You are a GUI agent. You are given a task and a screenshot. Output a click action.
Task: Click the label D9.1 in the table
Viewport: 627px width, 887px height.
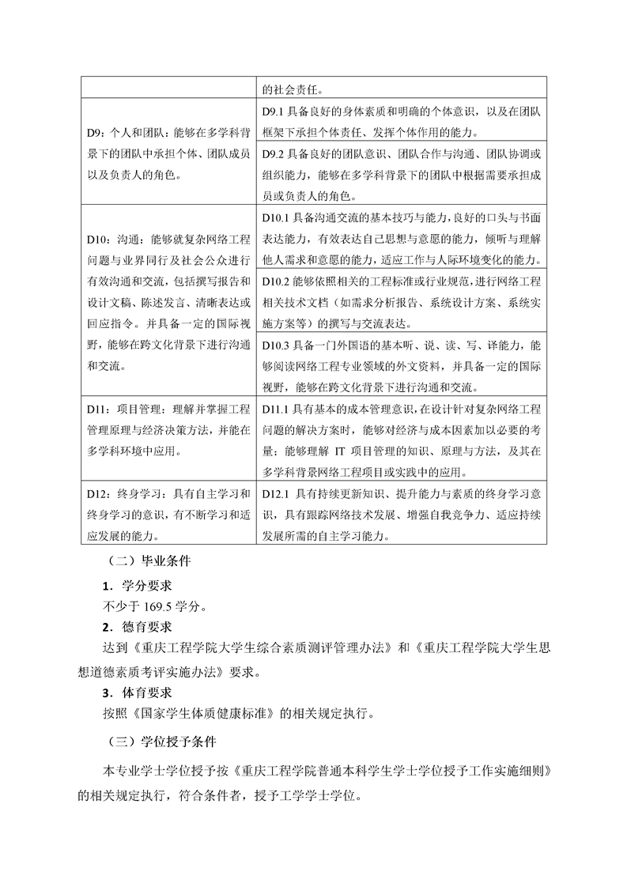click(273, 112)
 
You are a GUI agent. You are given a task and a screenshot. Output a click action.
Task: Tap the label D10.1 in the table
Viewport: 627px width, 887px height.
click(276, 217)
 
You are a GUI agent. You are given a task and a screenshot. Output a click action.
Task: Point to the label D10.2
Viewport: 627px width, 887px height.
click(276, 281)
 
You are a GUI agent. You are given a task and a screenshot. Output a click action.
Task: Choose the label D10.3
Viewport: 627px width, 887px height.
click(276, 346)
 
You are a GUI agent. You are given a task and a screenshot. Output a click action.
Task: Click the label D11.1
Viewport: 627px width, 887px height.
click(276, 409)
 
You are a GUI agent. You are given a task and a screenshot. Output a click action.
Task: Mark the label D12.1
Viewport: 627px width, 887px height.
click(276, 495)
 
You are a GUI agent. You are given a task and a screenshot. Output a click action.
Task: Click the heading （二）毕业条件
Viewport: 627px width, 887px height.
click(147, 564)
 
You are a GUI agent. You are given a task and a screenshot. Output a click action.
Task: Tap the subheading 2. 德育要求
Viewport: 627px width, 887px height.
click(138, 628)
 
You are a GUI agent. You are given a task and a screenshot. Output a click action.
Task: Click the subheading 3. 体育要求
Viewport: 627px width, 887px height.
click(138, 693)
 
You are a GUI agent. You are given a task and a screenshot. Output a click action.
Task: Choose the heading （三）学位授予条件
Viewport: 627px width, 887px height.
click(158, 742)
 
